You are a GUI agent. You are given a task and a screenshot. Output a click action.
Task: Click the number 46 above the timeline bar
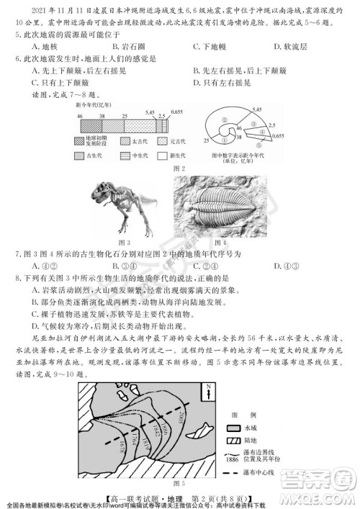click(81, 116)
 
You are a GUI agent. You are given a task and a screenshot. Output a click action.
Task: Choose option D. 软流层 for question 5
click(291, 48)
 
